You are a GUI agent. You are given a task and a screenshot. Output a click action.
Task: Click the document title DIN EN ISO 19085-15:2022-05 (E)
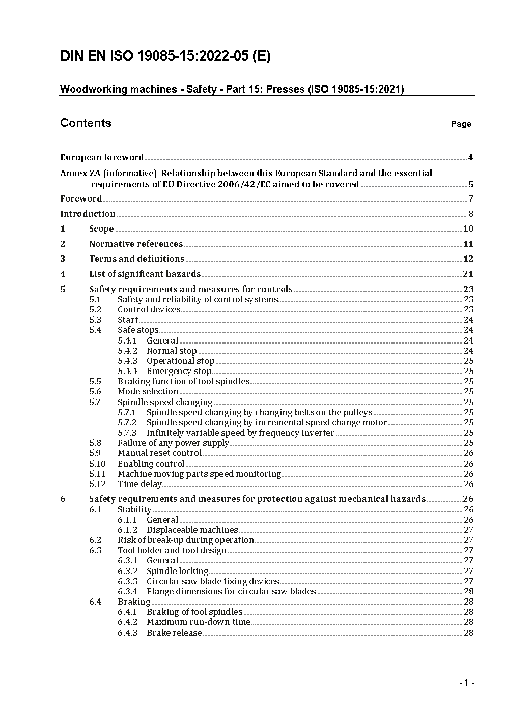point(165,56)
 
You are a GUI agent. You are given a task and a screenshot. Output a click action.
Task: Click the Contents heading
point(86,123)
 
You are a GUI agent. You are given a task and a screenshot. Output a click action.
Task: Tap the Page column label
point(461,124)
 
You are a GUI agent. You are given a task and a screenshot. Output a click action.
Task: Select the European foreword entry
point(102,157)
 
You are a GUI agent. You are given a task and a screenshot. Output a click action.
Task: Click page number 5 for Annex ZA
point(471,184)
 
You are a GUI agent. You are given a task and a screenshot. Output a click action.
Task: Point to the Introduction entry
point(88,214)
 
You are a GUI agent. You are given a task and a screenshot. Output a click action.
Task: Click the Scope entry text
point(101,229)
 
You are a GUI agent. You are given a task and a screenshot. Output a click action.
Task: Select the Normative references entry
point(135,244)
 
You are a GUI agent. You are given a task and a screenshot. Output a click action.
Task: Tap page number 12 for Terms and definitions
point(468,259)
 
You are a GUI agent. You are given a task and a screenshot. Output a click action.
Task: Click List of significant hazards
point(145,274)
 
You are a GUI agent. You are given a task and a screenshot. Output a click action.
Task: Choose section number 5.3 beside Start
point(95,320)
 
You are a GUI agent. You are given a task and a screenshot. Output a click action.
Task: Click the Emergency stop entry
point(179,371)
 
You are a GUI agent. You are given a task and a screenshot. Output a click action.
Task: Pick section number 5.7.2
point(127,422)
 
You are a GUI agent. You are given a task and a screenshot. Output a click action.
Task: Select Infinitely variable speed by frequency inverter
point(240,433)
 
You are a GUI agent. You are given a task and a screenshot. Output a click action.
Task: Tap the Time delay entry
point(139,484)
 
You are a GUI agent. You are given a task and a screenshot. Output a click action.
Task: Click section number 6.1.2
point(127,530)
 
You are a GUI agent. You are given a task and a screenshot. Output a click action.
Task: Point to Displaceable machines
point(192,530)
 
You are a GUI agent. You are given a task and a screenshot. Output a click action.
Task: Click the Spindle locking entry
point(177,571)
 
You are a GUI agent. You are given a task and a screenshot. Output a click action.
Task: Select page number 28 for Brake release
point(468,633)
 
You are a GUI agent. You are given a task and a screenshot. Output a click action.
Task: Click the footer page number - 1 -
point(466,683)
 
